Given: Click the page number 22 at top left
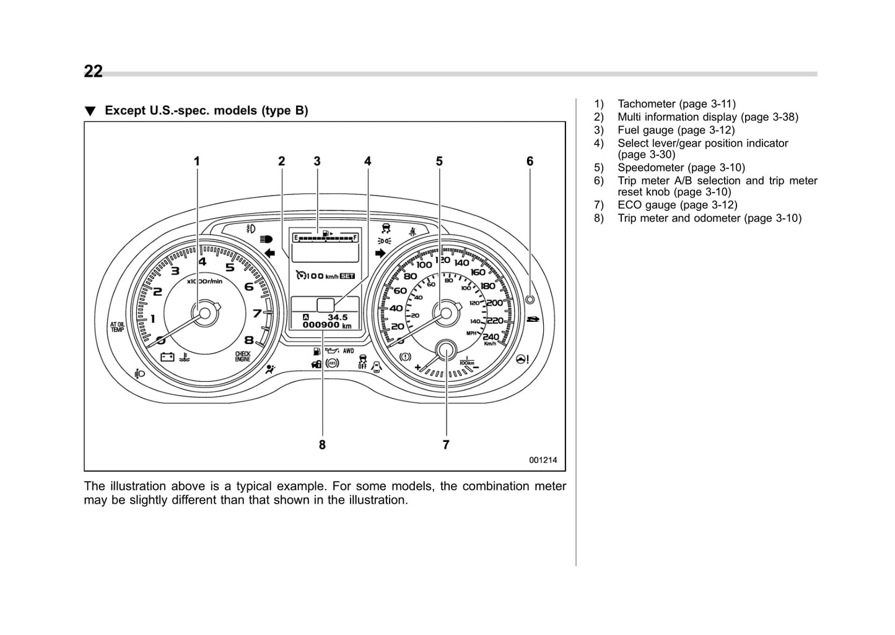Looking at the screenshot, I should [x=94, y=72].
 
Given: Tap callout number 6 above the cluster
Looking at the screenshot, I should [x=530, y=162].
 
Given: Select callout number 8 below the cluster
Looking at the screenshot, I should [x=322, y=444].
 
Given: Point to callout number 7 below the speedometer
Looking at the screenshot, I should [x=446, y=444].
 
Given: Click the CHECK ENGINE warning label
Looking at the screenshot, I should [x=242, y=356].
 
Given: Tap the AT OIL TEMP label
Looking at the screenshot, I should [x=117, y=327].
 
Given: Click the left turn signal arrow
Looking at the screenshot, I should [x=269, y=253].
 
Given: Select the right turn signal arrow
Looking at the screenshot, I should [x=380, y=253].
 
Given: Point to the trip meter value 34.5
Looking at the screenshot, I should [x=338, y=317].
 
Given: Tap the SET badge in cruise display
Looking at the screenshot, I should [x=347, y=276].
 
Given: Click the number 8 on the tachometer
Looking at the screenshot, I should [x=248, y=339].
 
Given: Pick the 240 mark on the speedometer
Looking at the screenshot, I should [x=491, y=337].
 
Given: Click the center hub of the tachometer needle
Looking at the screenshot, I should [x=205, y=313].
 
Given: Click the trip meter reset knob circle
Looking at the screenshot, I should [x=530, y=300].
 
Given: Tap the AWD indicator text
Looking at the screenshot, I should [x=349, y=351].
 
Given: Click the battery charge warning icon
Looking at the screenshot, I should [x=167, y=356].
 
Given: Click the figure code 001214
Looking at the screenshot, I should [x=543, y=460].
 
